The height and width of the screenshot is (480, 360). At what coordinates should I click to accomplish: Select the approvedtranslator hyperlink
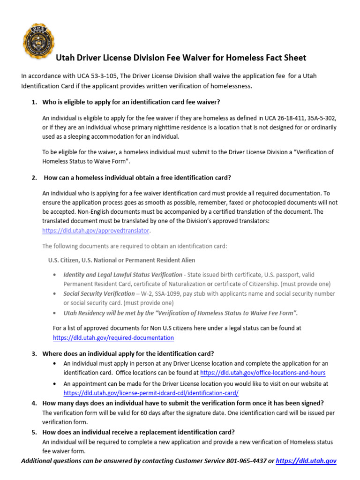tap(97, 231)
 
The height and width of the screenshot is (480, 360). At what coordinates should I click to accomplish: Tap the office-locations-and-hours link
tap(262, 373)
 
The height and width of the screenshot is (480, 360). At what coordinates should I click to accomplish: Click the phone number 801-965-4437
tap(244, 461)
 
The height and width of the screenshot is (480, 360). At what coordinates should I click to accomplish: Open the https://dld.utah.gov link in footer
tap(306, 461)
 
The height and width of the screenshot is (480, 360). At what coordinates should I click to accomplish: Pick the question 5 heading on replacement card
tap(138, 432)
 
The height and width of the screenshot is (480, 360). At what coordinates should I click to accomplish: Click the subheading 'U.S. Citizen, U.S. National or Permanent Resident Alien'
tap(121, 260)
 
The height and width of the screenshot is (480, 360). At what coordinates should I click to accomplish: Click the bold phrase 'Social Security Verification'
tap(98, 293)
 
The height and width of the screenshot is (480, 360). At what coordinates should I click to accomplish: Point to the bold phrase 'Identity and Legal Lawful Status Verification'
tap(122, 274)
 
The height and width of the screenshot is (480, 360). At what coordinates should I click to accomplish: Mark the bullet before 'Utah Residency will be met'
tap(56, 313)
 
